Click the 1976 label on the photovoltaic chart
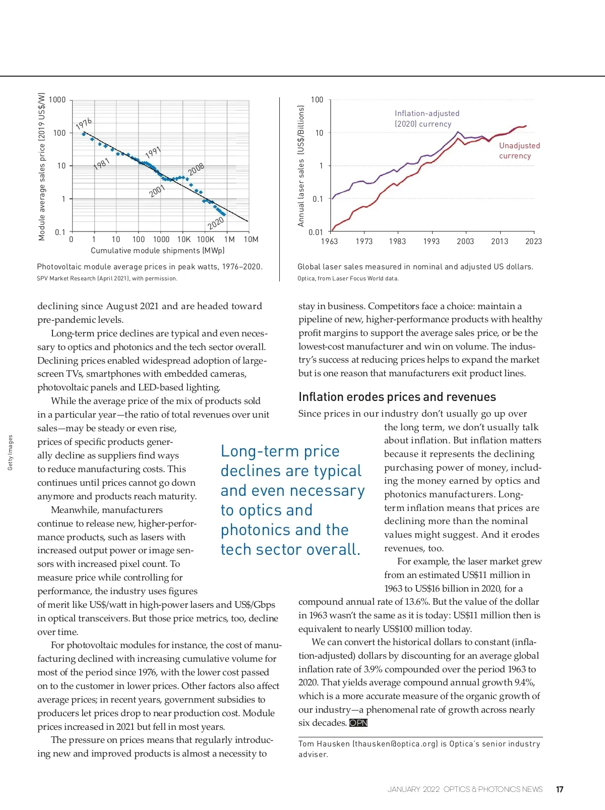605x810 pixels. click(84, 124)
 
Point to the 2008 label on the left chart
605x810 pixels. click(196, 169)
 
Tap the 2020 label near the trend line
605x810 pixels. click(216, 222)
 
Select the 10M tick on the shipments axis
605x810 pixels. click(251, 240)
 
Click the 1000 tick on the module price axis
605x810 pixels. click(57, 100)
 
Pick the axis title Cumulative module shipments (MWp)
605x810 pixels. click(157, 251)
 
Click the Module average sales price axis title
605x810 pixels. click(42, 166)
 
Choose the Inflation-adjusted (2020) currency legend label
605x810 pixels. click(427, 119)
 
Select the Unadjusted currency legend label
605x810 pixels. click(519, 150)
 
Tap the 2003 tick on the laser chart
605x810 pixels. click(465, 242)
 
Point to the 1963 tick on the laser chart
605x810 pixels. click(329, 242)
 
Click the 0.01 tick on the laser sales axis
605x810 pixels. click(316, 233)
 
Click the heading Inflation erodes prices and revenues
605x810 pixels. click(397, 397)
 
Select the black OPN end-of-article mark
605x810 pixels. click(358, 723)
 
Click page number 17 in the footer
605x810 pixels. click(560, 789)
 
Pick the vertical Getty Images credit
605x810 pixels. click(10, 452)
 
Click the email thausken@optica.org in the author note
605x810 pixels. click(395, 744)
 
